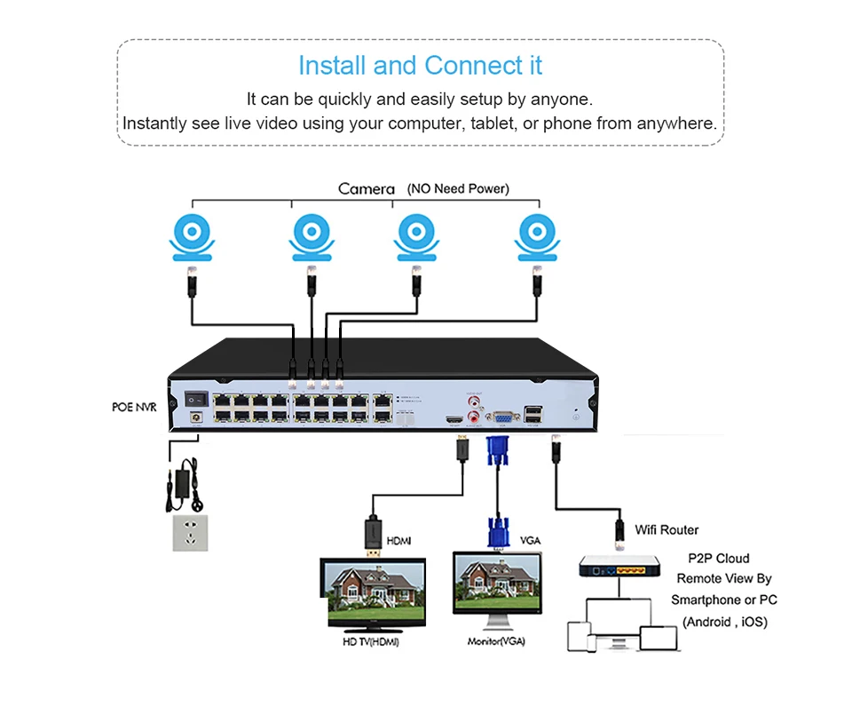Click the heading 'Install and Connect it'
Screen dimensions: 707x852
tap(420, 66)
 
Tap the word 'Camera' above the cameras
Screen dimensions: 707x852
tap(366, 189)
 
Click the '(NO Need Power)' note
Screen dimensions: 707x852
tap(458, 189)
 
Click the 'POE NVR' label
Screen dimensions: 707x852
tap(135, 407)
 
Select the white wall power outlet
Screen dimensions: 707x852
tap(189, 532)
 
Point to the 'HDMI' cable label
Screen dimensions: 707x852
tap(398, 540)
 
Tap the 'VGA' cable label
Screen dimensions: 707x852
tap(530, 540)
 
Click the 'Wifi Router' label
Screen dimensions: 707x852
tap(667, 530)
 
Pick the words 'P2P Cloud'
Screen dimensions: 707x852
tap(718, 559)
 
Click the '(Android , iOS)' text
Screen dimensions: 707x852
tap(724, 622)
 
